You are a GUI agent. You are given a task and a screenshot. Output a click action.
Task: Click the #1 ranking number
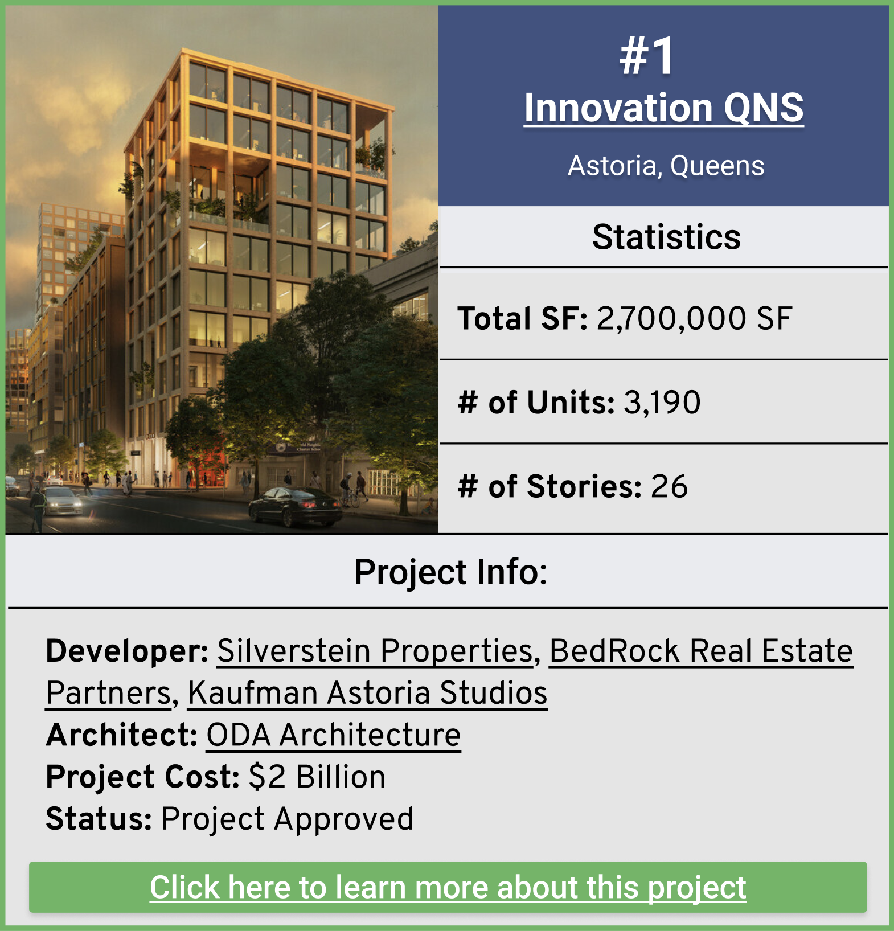point(647,56)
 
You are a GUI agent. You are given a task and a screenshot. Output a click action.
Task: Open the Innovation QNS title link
point(663,108)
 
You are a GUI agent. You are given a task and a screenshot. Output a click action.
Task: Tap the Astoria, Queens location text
point(666,166)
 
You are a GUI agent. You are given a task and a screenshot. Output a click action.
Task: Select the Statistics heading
point(666,237)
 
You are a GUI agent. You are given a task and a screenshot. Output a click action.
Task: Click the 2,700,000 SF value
point(694,318)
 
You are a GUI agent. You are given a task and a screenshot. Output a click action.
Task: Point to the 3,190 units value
point(662,403)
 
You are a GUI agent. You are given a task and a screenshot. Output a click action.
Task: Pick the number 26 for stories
point(669,487)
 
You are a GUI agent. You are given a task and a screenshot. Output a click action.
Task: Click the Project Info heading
point(450,572)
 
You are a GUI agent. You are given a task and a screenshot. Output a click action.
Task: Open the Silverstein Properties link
point(375,651)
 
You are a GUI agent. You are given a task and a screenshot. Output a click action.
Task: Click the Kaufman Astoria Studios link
point(367,693)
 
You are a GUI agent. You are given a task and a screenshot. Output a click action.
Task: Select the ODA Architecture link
point(333,735)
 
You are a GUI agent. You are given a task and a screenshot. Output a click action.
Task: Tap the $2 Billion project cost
point(317,777)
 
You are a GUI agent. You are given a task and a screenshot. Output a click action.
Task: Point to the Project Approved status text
point(287,819)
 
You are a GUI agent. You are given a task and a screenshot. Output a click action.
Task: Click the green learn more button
point(448,887)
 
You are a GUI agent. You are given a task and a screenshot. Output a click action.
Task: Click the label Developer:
point(127,651)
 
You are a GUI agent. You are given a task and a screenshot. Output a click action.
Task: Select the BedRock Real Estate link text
point(700,651)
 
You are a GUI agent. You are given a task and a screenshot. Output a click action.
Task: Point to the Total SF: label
point(522,318)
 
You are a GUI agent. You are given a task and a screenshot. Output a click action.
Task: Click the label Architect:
point(121,735)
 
